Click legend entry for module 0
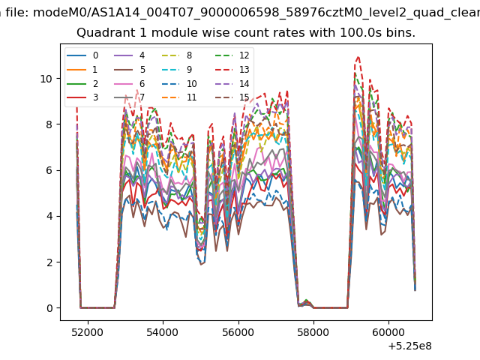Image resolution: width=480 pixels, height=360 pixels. [x=82, y=55]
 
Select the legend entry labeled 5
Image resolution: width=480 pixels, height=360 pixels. [x=130, y=70]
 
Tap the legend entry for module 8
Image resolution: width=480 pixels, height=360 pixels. [x=177, y=55]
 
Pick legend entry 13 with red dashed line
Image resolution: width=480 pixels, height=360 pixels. [x=232, y=70]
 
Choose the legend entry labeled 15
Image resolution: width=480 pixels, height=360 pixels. [x=232, y=97]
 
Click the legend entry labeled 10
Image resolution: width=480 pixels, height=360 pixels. [x=178, y=83]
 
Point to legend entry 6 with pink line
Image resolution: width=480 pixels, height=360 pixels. [x=130, y=83]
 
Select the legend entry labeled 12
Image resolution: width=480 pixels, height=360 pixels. [x=232, y=55]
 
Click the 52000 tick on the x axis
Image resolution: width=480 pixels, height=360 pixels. [x=88, y=332]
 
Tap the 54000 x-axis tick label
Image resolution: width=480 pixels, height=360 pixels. [x=163, y=332]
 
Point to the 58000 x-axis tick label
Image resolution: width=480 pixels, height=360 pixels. [x=313, y=332]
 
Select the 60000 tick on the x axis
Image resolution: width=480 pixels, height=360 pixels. [x=388, y=332]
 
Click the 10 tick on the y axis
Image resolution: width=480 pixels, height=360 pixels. [x=46, y=79]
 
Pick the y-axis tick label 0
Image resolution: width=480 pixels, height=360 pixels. [x=49, y=308]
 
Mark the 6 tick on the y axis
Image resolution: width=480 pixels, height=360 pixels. [x=49, y=170]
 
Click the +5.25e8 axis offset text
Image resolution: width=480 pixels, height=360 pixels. [x=410, y=346]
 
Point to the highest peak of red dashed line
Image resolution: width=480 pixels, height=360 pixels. [x=358, y=57]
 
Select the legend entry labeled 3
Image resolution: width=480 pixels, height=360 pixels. [x=82, y=97]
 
